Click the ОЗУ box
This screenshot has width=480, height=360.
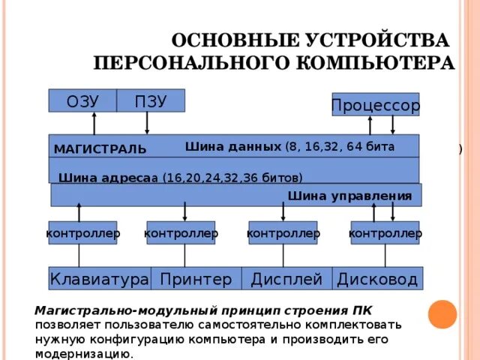(x=82, y=100)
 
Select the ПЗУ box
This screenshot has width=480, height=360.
(x=151, y=100)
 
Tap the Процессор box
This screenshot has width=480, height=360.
(x=375, y=106)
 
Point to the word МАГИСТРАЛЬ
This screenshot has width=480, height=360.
(x=100, y=149)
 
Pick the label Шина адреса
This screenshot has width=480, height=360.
(x=106, y=178)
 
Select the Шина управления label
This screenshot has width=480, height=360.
(x=349, y=196)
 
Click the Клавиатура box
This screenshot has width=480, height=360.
(x=99, y=279)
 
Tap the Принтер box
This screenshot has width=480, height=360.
(x=196, y=279)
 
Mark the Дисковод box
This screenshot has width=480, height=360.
(x=377, y=279)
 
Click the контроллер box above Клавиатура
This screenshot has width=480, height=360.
(x=82, y=233)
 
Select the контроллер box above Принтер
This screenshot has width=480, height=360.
(x=181, y=233)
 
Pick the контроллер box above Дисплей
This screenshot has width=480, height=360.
(x=283, y=233)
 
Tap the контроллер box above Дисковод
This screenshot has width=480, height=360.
(x=385, y=233)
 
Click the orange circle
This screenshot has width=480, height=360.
(x=442, y=314)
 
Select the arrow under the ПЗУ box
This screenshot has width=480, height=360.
(x=147, y=123)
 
